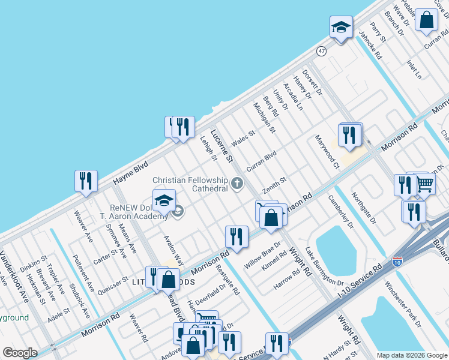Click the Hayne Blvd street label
[x=130, y=173]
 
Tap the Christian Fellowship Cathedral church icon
[x=238, y=183]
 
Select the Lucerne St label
[x=221, y=146]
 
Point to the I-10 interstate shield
[x=397, y=261]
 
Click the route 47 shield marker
[x=322, y=52]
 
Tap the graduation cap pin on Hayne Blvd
[x=340, y=28]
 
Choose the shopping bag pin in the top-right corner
[x=426, y=20]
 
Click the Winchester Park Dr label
[x=403, y=304]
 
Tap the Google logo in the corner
[x=20, y=353]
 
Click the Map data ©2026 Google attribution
[x=412, y=355]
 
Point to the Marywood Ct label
[x=328, y=152]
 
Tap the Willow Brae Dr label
[x=263, y=255]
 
